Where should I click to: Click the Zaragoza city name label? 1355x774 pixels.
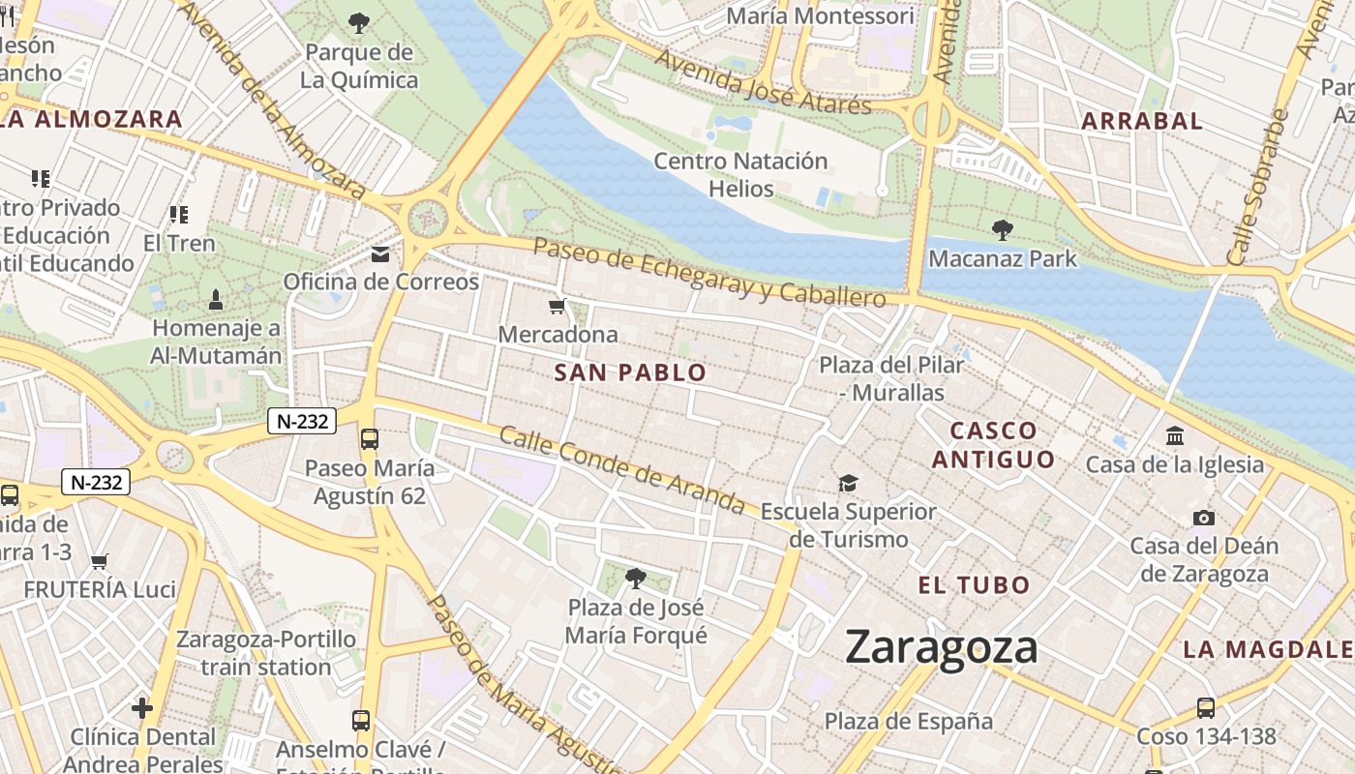click(941, 646)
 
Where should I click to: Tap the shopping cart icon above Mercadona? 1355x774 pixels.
click(557, 307)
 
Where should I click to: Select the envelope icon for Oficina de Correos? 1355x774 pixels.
click(380, 254)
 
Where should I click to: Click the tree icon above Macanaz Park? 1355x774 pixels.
click(1003, 230)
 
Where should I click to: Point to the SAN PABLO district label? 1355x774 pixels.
click(630, 372)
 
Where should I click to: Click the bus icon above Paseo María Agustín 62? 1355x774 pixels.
click(370, 439)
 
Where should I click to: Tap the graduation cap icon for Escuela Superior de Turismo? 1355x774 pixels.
click(848, 483)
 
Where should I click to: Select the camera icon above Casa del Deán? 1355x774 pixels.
click(1204, 518)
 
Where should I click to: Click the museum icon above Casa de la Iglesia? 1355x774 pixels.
click(1175, 436)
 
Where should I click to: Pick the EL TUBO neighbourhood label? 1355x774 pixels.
click(974, 585)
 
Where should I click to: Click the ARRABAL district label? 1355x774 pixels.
click(1142, 121)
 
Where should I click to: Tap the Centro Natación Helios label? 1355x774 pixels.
click(740, 174)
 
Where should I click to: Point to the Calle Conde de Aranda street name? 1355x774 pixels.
click(621, 470)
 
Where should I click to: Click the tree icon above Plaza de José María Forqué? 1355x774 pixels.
click(636, 579)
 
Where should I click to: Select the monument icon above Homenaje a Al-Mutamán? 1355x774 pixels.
click(215, 299)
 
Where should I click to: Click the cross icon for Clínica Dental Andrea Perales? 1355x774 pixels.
click(142, 708)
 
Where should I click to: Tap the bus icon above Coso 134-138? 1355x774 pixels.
click(1205, 708)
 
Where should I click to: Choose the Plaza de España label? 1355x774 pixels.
click(908, 721)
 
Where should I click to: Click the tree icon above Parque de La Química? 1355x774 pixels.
click(359, 23)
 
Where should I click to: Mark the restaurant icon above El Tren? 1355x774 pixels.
click(178, 214)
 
